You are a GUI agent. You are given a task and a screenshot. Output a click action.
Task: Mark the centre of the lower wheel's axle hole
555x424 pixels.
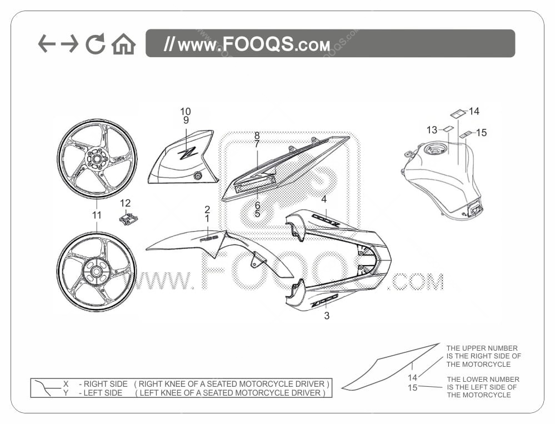pos(96,272)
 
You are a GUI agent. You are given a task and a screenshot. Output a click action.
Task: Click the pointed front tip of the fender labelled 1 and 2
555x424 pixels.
pos(146,250)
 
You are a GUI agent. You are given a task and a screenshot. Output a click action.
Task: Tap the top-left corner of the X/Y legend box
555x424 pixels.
pos(31,379)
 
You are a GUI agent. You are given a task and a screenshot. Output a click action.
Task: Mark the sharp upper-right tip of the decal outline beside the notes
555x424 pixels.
pos(439,343)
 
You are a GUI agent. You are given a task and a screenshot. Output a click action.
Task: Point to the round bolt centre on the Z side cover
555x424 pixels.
pos(198,176)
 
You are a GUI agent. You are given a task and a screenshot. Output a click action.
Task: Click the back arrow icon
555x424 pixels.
pos(47,43)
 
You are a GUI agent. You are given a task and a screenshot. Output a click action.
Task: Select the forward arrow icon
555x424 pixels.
pos(70,43)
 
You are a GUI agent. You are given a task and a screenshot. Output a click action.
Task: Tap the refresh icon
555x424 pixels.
pos(96,43)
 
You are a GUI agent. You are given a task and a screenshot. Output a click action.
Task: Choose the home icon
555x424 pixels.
pos(123,44)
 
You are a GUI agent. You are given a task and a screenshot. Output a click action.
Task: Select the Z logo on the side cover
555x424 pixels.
pos(188,153)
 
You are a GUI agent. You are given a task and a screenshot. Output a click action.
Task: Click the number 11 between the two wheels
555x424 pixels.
pos(97,215)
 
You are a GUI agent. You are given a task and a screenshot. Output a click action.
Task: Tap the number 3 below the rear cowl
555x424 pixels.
pos(327,315)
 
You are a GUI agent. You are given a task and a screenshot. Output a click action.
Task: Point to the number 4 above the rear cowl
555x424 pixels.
pos(324,199)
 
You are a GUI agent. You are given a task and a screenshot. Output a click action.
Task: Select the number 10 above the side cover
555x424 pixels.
pos(186,112)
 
